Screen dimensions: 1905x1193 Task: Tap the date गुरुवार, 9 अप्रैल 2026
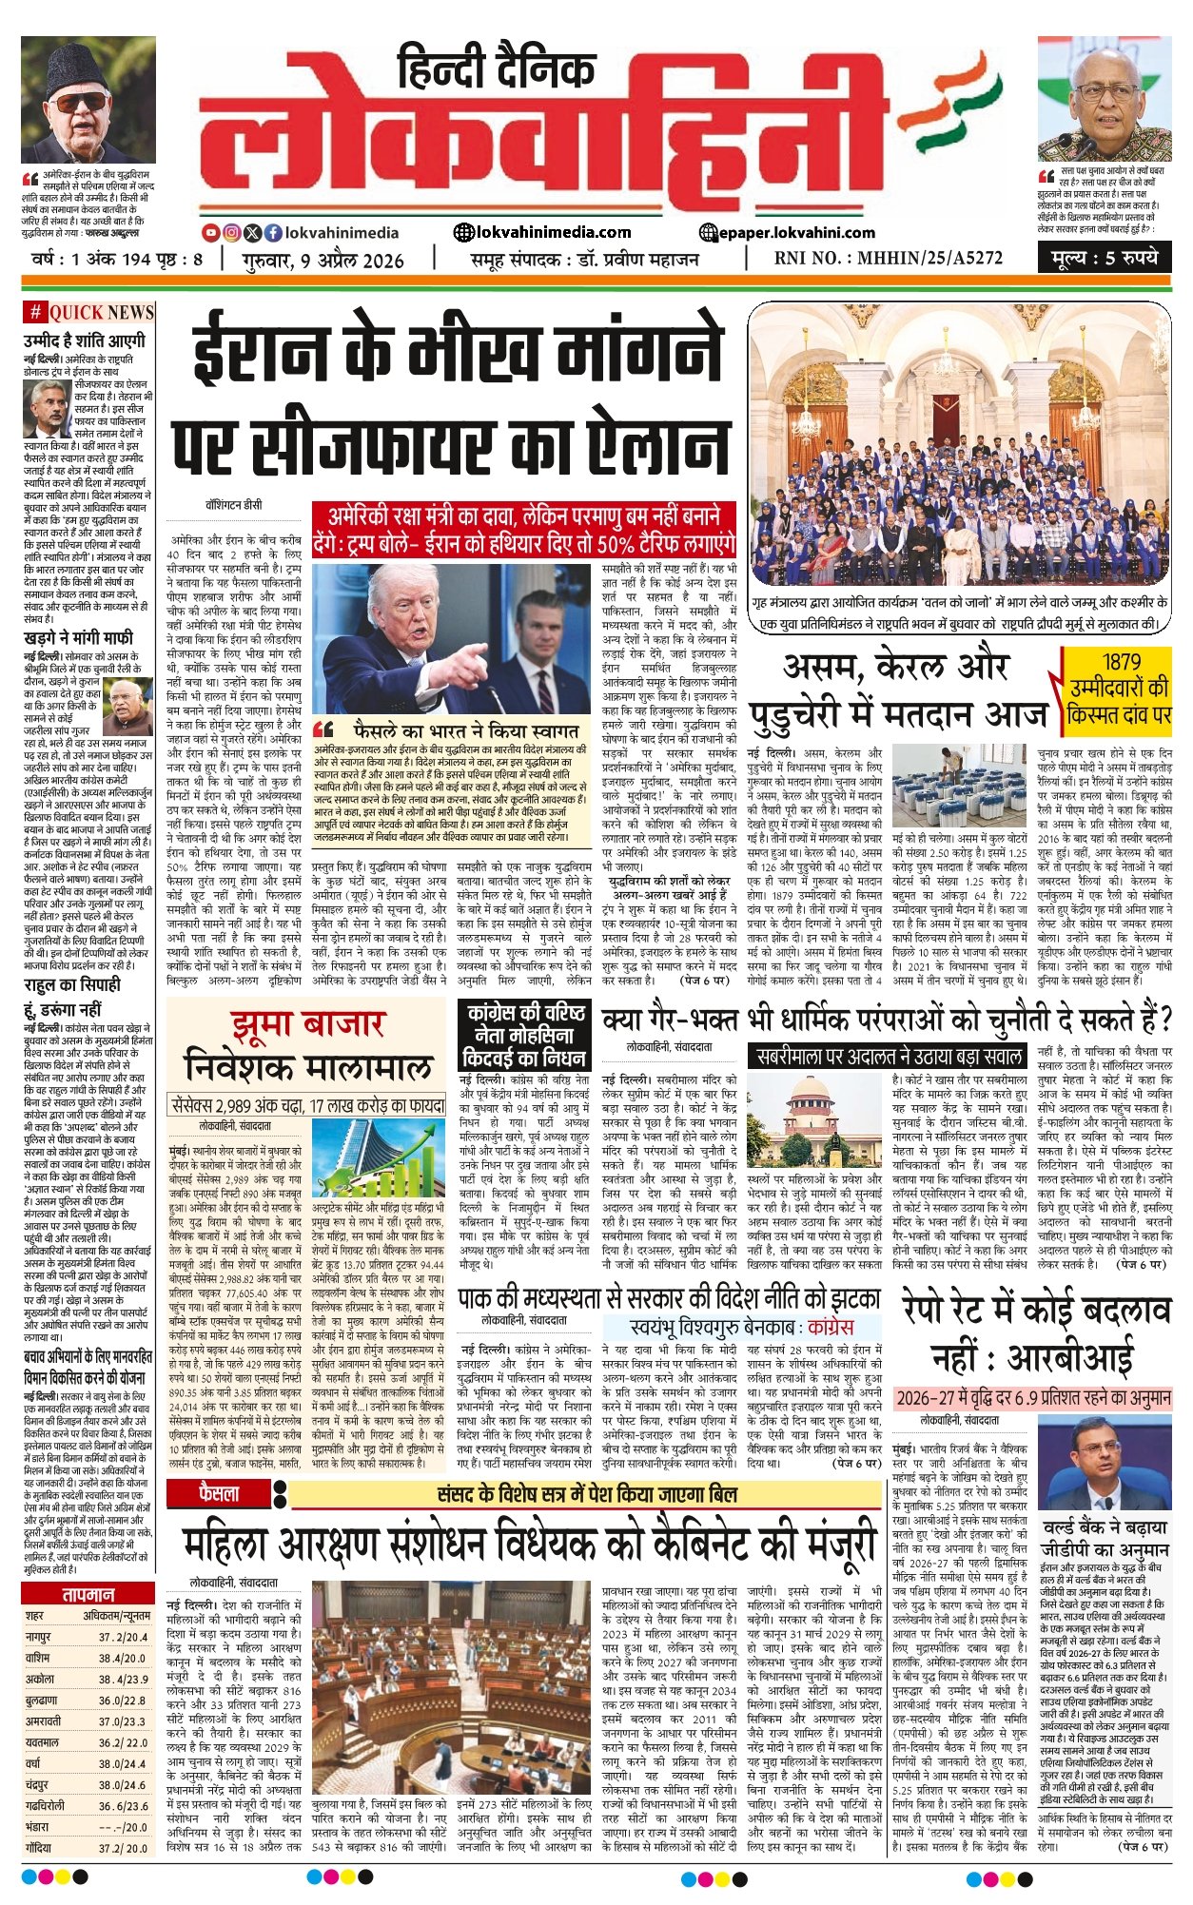323,260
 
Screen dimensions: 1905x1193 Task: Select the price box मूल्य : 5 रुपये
1105,257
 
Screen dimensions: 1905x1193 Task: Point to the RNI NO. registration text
889,258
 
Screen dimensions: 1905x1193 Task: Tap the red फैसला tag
220,1494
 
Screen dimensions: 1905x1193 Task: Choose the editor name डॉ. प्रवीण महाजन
637,259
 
